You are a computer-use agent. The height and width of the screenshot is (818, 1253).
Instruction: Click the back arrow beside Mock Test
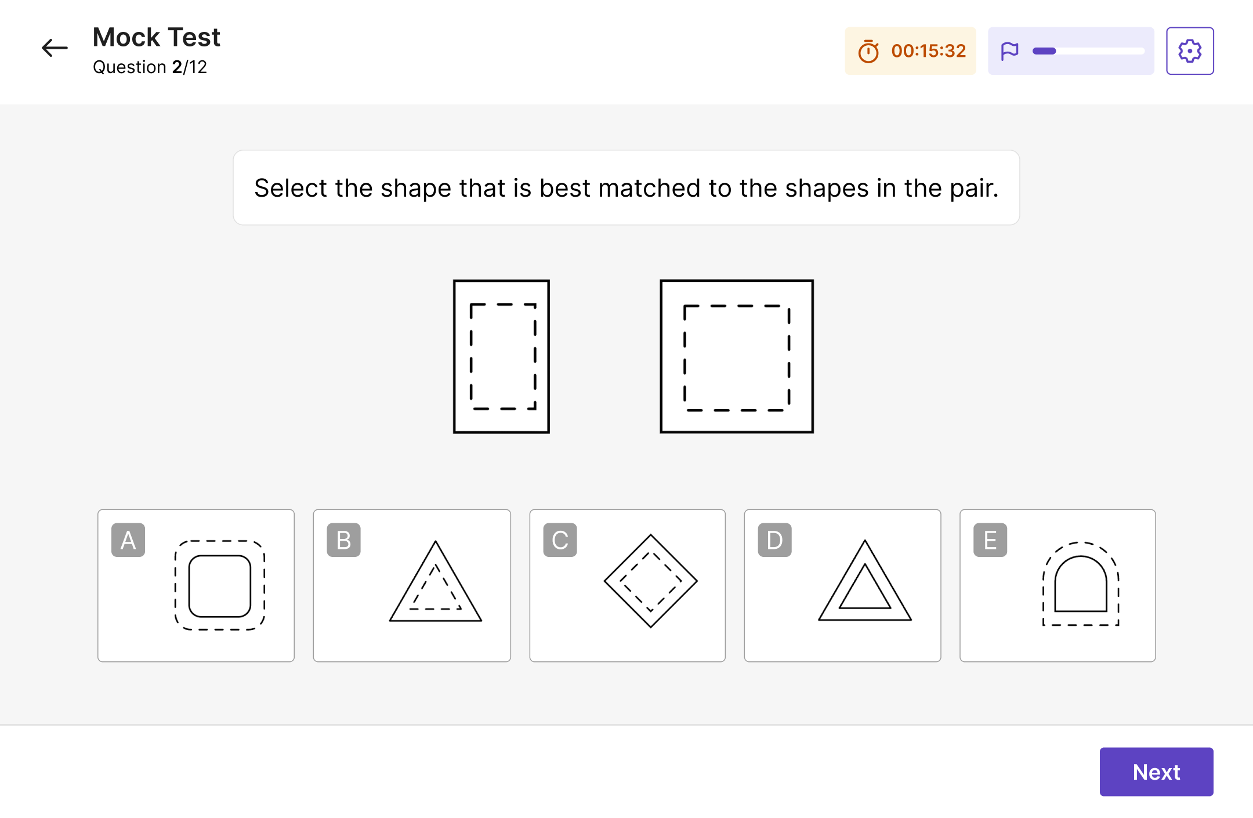[55, 48]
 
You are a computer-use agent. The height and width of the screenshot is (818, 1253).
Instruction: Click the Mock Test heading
[157, 37]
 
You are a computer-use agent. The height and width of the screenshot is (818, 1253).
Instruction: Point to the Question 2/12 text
[150, 67]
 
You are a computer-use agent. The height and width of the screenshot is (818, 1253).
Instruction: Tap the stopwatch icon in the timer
[868, 51]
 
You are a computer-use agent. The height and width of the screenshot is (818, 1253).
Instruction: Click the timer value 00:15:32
[928, 51]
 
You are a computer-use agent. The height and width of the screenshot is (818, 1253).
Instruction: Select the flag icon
[1010, 51]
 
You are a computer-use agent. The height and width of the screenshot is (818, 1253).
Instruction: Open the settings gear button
[1190, 51]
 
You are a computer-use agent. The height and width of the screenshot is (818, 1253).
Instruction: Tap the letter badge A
[128, 540]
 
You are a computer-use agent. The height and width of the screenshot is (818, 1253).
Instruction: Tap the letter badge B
[343, 540]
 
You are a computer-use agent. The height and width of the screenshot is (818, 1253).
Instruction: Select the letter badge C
[560, 540]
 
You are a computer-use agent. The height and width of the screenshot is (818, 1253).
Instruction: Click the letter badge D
[774, 540]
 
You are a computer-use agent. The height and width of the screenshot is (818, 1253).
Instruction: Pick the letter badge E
[990, 540]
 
